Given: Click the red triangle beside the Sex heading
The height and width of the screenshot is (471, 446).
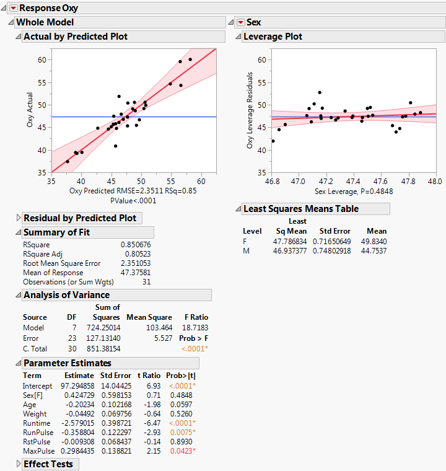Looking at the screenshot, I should pos(240,22).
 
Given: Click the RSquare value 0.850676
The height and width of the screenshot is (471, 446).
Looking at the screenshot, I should pos(136,245).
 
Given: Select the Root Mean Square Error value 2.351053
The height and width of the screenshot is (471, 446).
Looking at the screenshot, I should pos(136,263).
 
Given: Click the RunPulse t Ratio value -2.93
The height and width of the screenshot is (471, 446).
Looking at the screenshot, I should pos(151,432).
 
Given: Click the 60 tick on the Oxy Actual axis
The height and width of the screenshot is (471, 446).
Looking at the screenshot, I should pos(42,59).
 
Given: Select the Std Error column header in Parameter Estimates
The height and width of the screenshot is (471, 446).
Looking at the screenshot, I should pos(115,376).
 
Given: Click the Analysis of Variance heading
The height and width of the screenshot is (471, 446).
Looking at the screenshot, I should pos(66,295).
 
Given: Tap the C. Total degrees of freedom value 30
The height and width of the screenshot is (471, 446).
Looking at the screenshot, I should pos(72,348).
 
